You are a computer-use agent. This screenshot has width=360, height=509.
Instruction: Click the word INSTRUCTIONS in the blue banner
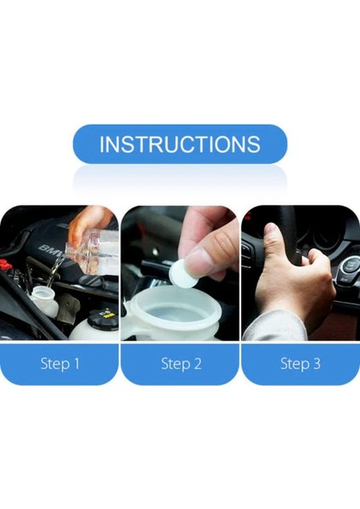tap(180, 144)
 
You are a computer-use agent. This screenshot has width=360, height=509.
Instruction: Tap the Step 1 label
tap(59, 363)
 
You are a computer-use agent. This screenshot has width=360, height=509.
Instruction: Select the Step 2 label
tap(181, 363)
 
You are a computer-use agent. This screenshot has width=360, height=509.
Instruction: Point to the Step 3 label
tap(301, 363)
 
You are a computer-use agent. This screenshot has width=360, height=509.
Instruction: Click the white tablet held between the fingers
tap(183, 273)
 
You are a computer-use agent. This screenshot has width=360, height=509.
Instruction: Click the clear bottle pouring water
tap(92, 252)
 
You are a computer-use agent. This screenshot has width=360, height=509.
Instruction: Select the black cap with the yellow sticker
tap(103, 319)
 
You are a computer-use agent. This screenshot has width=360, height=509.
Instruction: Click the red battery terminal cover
tap(5, 265)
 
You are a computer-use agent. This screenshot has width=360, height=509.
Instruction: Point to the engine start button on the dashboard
tap(350, 266)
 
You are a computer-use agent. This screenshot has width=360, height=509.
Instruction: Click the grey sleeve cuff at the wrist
tap(274, 326)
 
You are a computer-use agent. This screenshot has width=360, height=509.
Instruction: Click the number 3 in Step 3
tap(317, 363)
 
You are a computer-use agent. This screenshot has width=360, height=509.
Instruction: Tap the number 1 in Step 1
tap(76, 363)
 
